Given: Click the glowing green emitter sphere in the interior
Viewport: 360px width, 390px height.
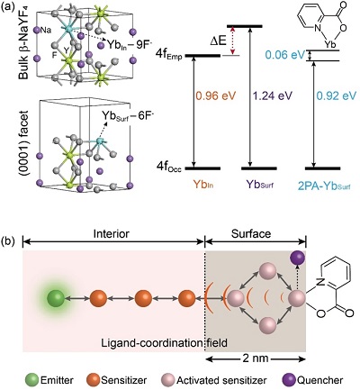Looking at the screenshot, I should (56, 272).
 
